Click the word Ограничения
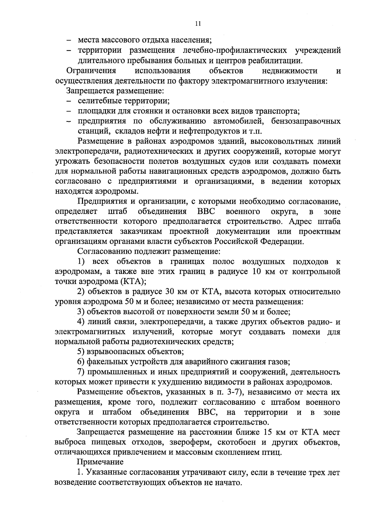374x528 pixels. click(91, 71)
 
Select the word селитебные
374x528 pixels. click(100, 101)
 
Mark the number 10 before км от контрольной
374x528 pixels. click(259, 271)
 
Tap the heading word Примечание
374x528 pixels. click(100, 462)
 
